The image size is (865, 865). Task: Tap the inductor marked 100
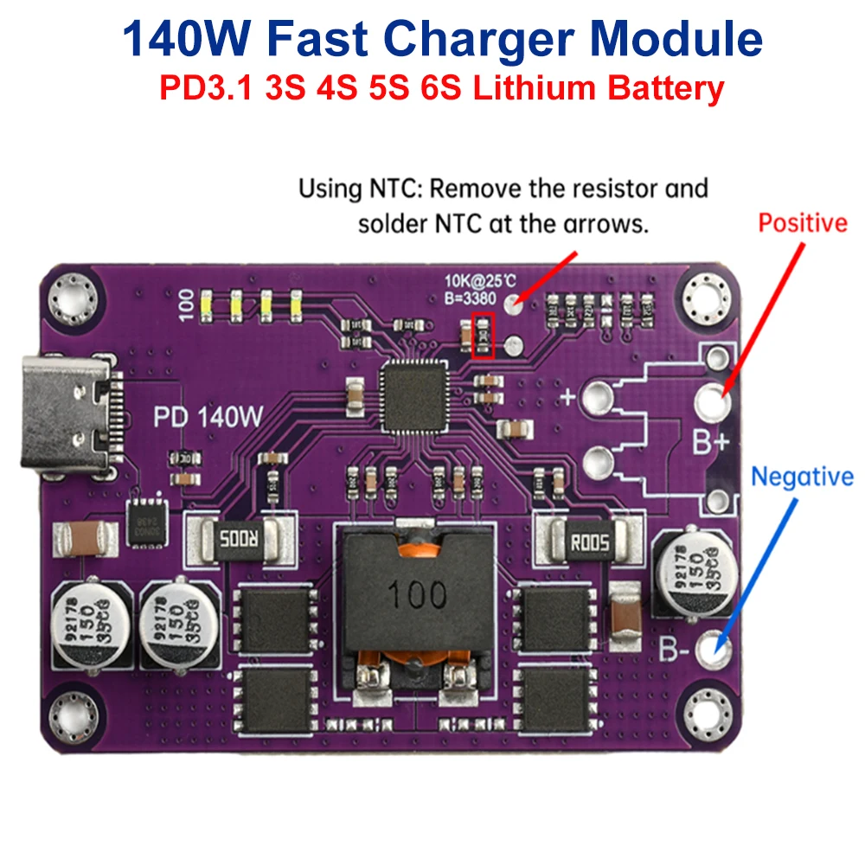click(418, 594)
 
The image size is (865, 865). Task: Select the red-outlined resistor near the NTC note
click(484, 336)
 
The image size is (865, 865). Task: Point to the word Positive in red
click(802, 223)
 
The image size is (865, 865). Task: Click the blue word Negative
click(802, 477)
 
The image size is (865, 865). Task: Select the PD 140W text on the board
click(208, 417)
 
